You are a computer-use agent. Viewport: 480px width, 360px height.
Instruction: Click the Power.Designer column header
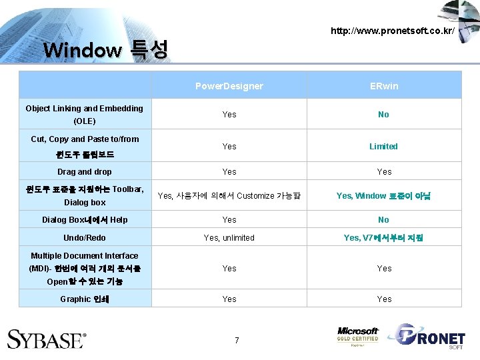pyautogui.click(x=229, y=86)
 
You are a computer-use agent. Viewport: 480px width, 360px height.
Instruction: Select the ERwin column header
pyautogui.click(x=384, y=86)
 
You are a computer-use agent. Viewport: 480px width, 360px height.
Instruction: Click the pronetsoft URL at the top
pyautogui.click(x=393, y=31)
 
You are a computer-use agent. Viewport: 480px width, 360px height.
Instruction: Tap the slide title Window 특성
pyautogui.click(x=105, y=50)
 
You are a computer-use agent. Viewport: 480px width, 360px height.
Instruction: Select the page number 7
pyautogui.click(x=237, y=341)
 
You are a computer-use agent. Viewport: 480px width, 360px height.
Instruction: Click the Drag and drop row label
pyautogui.click(x=85, y=171)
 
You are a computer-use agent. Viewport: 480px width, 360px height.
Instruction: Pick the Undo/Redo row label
pyautogui.click(x=85, y=237)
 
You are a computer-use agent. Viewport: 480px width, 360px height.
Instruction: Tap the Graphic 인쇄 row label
pyautogui.click(x=85, y=299)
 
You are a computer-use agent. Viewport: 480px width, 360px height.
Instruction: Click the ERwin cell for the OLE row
pyautogui.click(x=383, y=115)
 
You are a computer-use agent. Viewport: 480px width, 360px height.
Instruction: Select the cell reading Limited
pyautogui.click(x=383, y=146)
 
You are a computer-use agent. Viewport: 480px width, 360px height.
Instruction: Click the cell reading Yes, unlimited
pyautogui.click(x=229, y=237)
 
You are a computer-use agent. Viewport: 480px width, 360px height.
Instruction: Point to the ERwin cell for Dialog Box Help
pyautogui.click(x=383, y=219)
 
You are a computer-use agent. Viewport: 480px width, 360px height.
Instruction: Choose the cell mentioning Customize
pyautogui.click(x=229, y=195)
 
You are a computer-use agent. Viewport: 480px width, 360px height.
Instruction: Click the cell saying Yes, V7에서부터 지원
pyautogui.click(x=383, y=237)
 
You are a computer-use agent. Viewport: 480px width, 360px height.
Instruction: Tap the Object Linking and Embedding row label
pyautogui.click(x=85, y=114)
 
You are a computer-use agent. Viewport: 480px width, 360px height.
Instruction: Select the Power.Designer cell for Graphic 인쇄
pyautogui.click(x=229, y=299)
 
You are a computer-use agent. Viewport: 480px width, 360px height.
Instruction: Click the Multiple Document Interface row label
pyautogui.click(x=85, y=268)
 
